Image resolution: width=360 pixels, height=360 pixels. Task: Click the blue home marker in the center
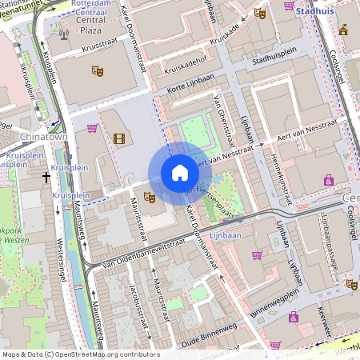click(180, 173)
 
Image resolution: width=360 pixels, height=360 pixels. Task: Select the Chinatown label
click(22, 137)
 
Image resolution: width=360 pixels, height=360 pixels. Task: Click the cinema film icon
click(119, 139)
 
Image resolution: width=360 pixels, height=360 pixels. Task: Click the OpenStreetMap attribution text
click(80, 354)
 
